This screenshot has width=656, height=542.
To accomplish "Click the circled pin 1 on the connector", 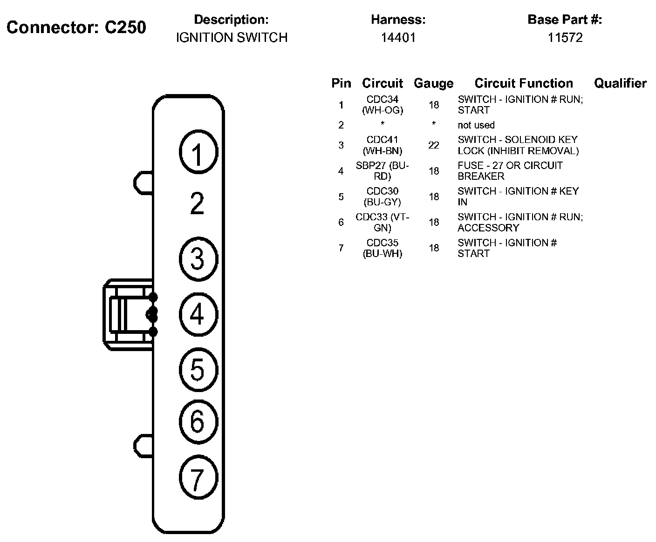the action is [x=198, y=152].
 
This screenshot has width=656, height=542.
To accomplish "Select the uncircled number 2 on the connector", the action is [x=197, y=203].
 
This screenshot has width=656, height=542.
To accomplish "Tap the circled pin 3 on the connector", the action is [x=198, y=259].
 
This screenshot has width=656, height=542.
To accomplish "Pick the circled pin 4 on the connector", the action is [x=198, y=314].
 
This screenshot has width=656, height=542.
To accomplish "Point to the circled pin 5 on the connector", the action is [x=198, y=370].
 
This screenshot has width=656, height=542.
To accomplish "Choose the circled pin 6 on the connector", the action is [x=198, y=422].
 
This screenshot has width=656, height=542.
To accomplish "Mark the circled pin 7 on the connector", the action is [x=198, y=477].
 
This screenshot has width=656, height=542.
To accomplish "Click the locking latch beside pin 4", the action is [x=130, y=315].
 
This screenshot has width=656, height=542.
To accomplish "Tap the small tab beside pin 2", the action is [x=143, y=183].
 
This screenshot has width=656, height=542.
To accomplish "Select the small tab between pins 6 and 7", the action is [x=143, y=446].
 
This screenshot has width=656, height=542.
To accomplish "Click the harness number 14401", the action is [x=398, y=38].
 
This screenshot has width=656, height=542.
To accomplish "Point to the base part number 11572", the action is [x=565, y=38].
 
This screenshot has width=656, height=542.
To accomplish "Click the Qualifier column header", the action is [x=620, y=83].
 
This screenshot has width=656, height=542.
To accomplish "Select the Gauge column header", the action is [x=434, y=83].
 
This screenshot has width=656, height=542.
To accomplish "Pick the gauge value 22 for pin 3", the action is [x=434, y=145].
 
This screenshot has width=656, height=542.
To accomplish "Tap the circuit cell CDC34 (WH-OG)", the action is [x=383, y=105].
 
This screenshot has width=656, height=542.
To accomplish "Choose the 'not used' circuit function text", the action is [x=476, y=125].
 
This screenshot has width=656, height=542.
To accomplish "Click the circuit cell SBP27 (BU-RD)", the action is [x=383, y=171].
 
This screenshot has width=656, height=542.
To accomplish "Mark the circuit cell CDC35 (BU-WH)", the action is [x=383, y=248].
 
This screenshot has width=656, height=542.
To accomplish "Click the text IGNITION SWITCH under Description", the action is [x=232, y=38].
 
